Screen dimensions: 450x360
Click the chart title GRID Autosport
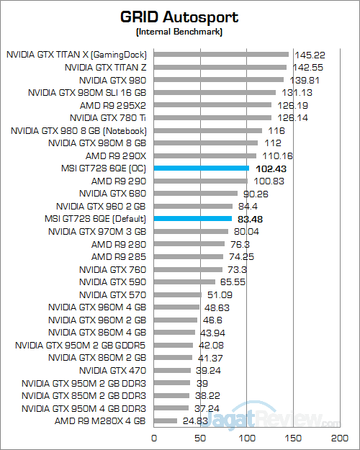coord(179,16)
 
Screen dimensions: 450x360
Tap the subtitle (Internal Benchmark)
coord(179,32)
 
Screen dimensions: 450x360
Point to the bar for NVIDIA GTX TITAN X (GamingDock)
coord(221,54)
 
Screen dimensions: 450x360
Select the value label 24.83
coord(193,421)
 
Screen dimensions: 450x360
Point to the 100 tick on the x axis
coord(247,437)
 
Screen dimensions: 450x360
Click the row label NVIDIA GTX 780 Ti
coord(108,117)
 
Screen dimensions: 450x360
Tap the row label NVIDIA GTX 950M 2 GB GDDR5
coord(81,345)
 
